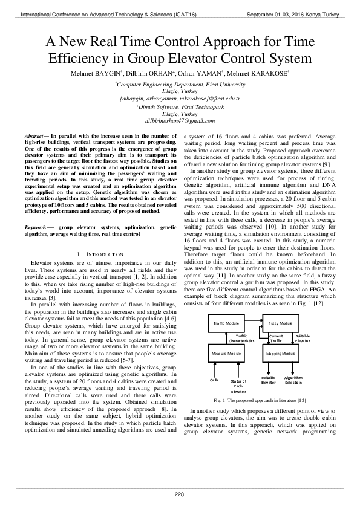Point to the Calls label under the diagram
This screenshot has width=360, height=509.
pyautogui.click(x=214, y=380)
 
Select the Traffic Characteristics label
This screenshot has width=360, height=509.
pyautogui.click(x=241, y=338)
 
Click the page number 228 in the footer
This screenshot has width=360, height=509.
pyautogui.click(x=180, y=494)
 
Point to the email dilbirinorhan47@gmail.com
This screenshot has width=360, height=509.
pyautogui.click(x=180, y=120)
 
